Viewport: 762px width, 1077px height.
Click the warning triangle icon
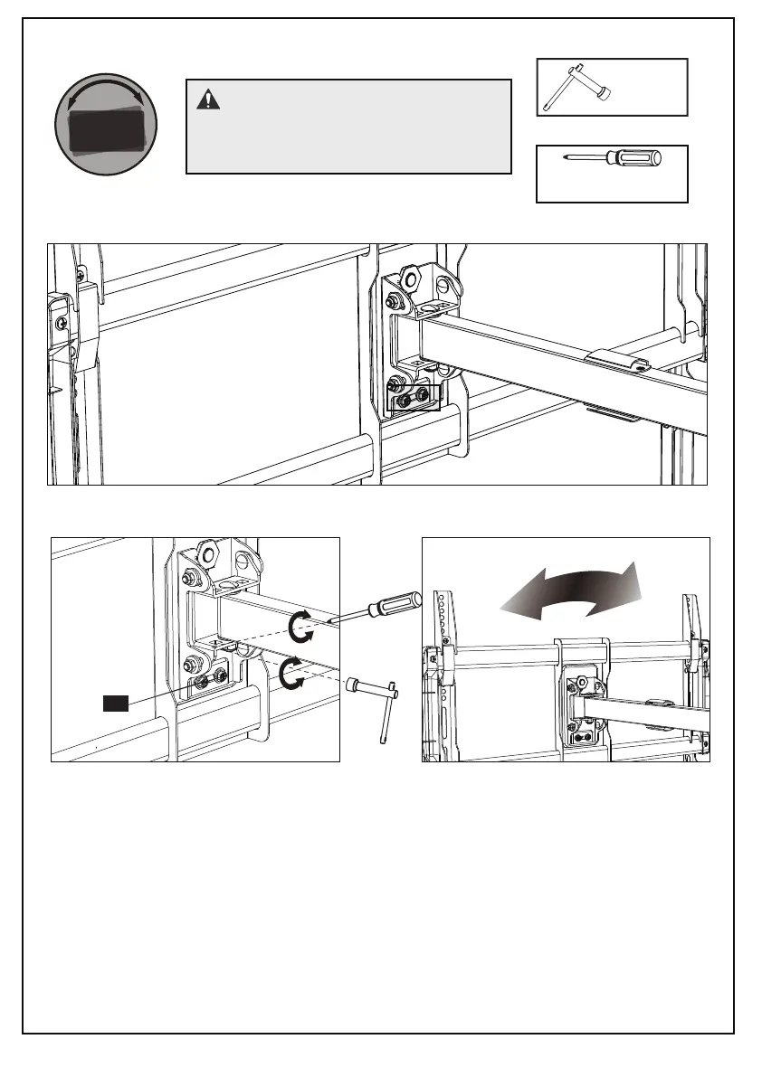pos(209,99)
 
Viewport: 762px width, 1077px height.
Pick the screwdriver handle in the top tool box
pos(638,160)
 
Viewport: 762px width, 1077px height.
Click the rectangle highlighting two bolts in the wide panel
pos(413,397)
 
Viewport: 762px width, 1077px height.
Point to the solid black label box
pos(116,702)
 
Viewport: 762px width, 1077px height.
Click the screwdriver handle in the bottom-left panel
pos(397,601)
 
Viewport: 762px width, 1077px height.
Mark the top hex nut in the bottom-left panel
pos(207,553)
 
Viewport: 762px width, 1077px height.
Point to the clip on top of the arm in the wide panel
pos(615,360)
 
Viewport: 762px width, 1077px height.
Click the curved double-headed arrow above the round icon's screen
pos(105,92)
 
